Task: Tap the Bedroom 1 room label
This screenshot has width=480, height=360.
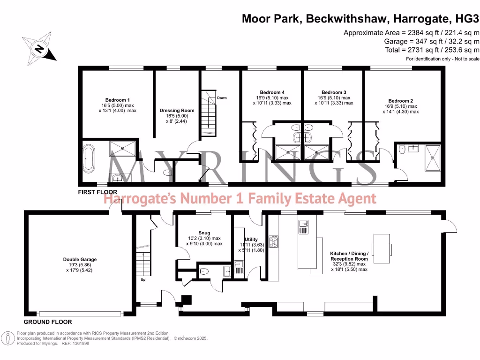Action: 117,100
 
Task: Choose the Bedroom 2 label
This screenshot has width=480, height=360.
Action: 400,101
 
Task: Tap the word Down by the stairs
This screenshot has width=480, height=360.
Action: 222,98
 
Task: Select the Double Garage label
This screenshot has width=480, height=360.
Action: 80,259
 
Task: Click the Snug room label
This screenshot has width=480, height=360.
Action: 204,233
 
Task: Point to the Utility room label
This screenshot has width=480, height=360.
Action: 251,240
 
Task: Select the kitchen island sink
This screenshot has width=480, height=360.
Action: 303,227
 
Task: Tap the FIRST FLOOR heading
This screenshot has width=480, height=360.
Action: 98,192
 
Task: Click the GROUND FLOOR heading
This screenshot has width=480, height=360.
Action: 48,322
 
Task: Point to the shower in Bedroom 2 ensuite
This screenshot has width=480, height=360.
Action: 432,157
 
